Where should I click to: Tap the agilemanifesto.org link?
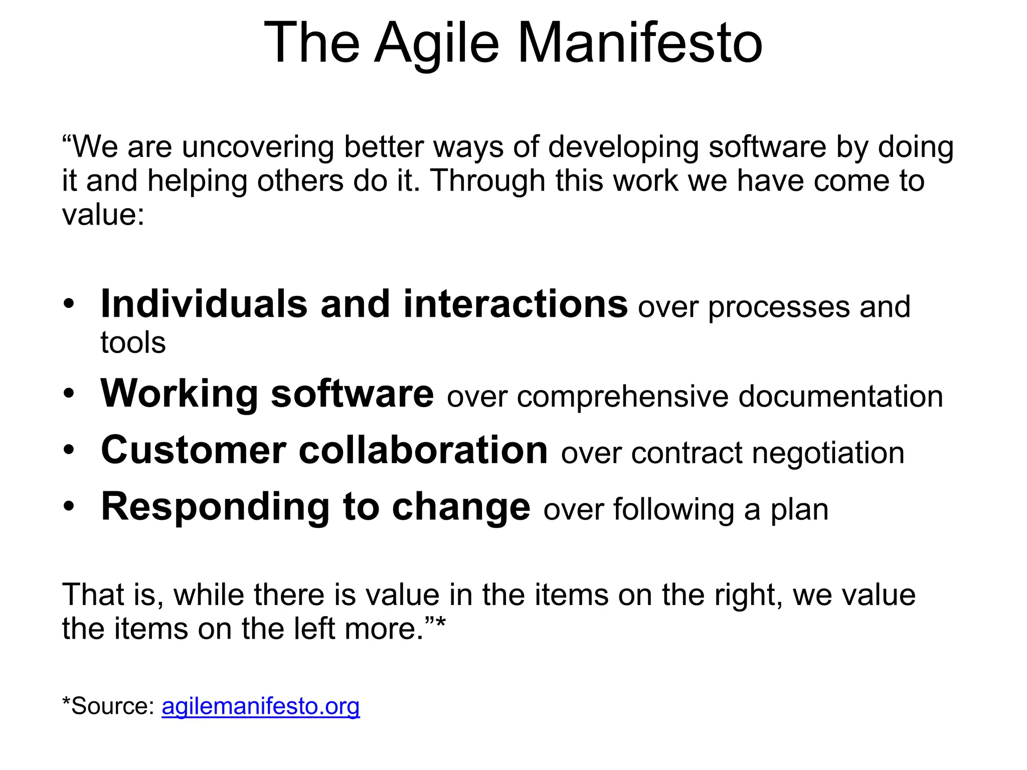[x=260, y=706]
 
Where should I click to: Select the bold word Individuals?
[x=204, y=304]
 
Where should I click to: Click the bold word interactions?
[x=515, y=304]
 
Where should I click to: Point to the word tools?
[x=133, y=343]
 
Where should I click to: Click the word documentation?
[x=840, y=396]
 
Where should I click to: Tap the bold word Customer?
[x=193, y=450]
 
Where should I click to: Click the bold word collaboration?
[x=423, y=450]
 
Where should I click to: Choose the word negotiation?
[x=828, y=453]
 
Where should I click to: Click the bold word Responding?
[x=215, y=507]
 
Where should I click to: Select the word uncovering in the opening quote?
[x=257, y=147]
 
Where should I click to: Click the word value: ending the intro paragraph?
[x=103, y=215]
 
